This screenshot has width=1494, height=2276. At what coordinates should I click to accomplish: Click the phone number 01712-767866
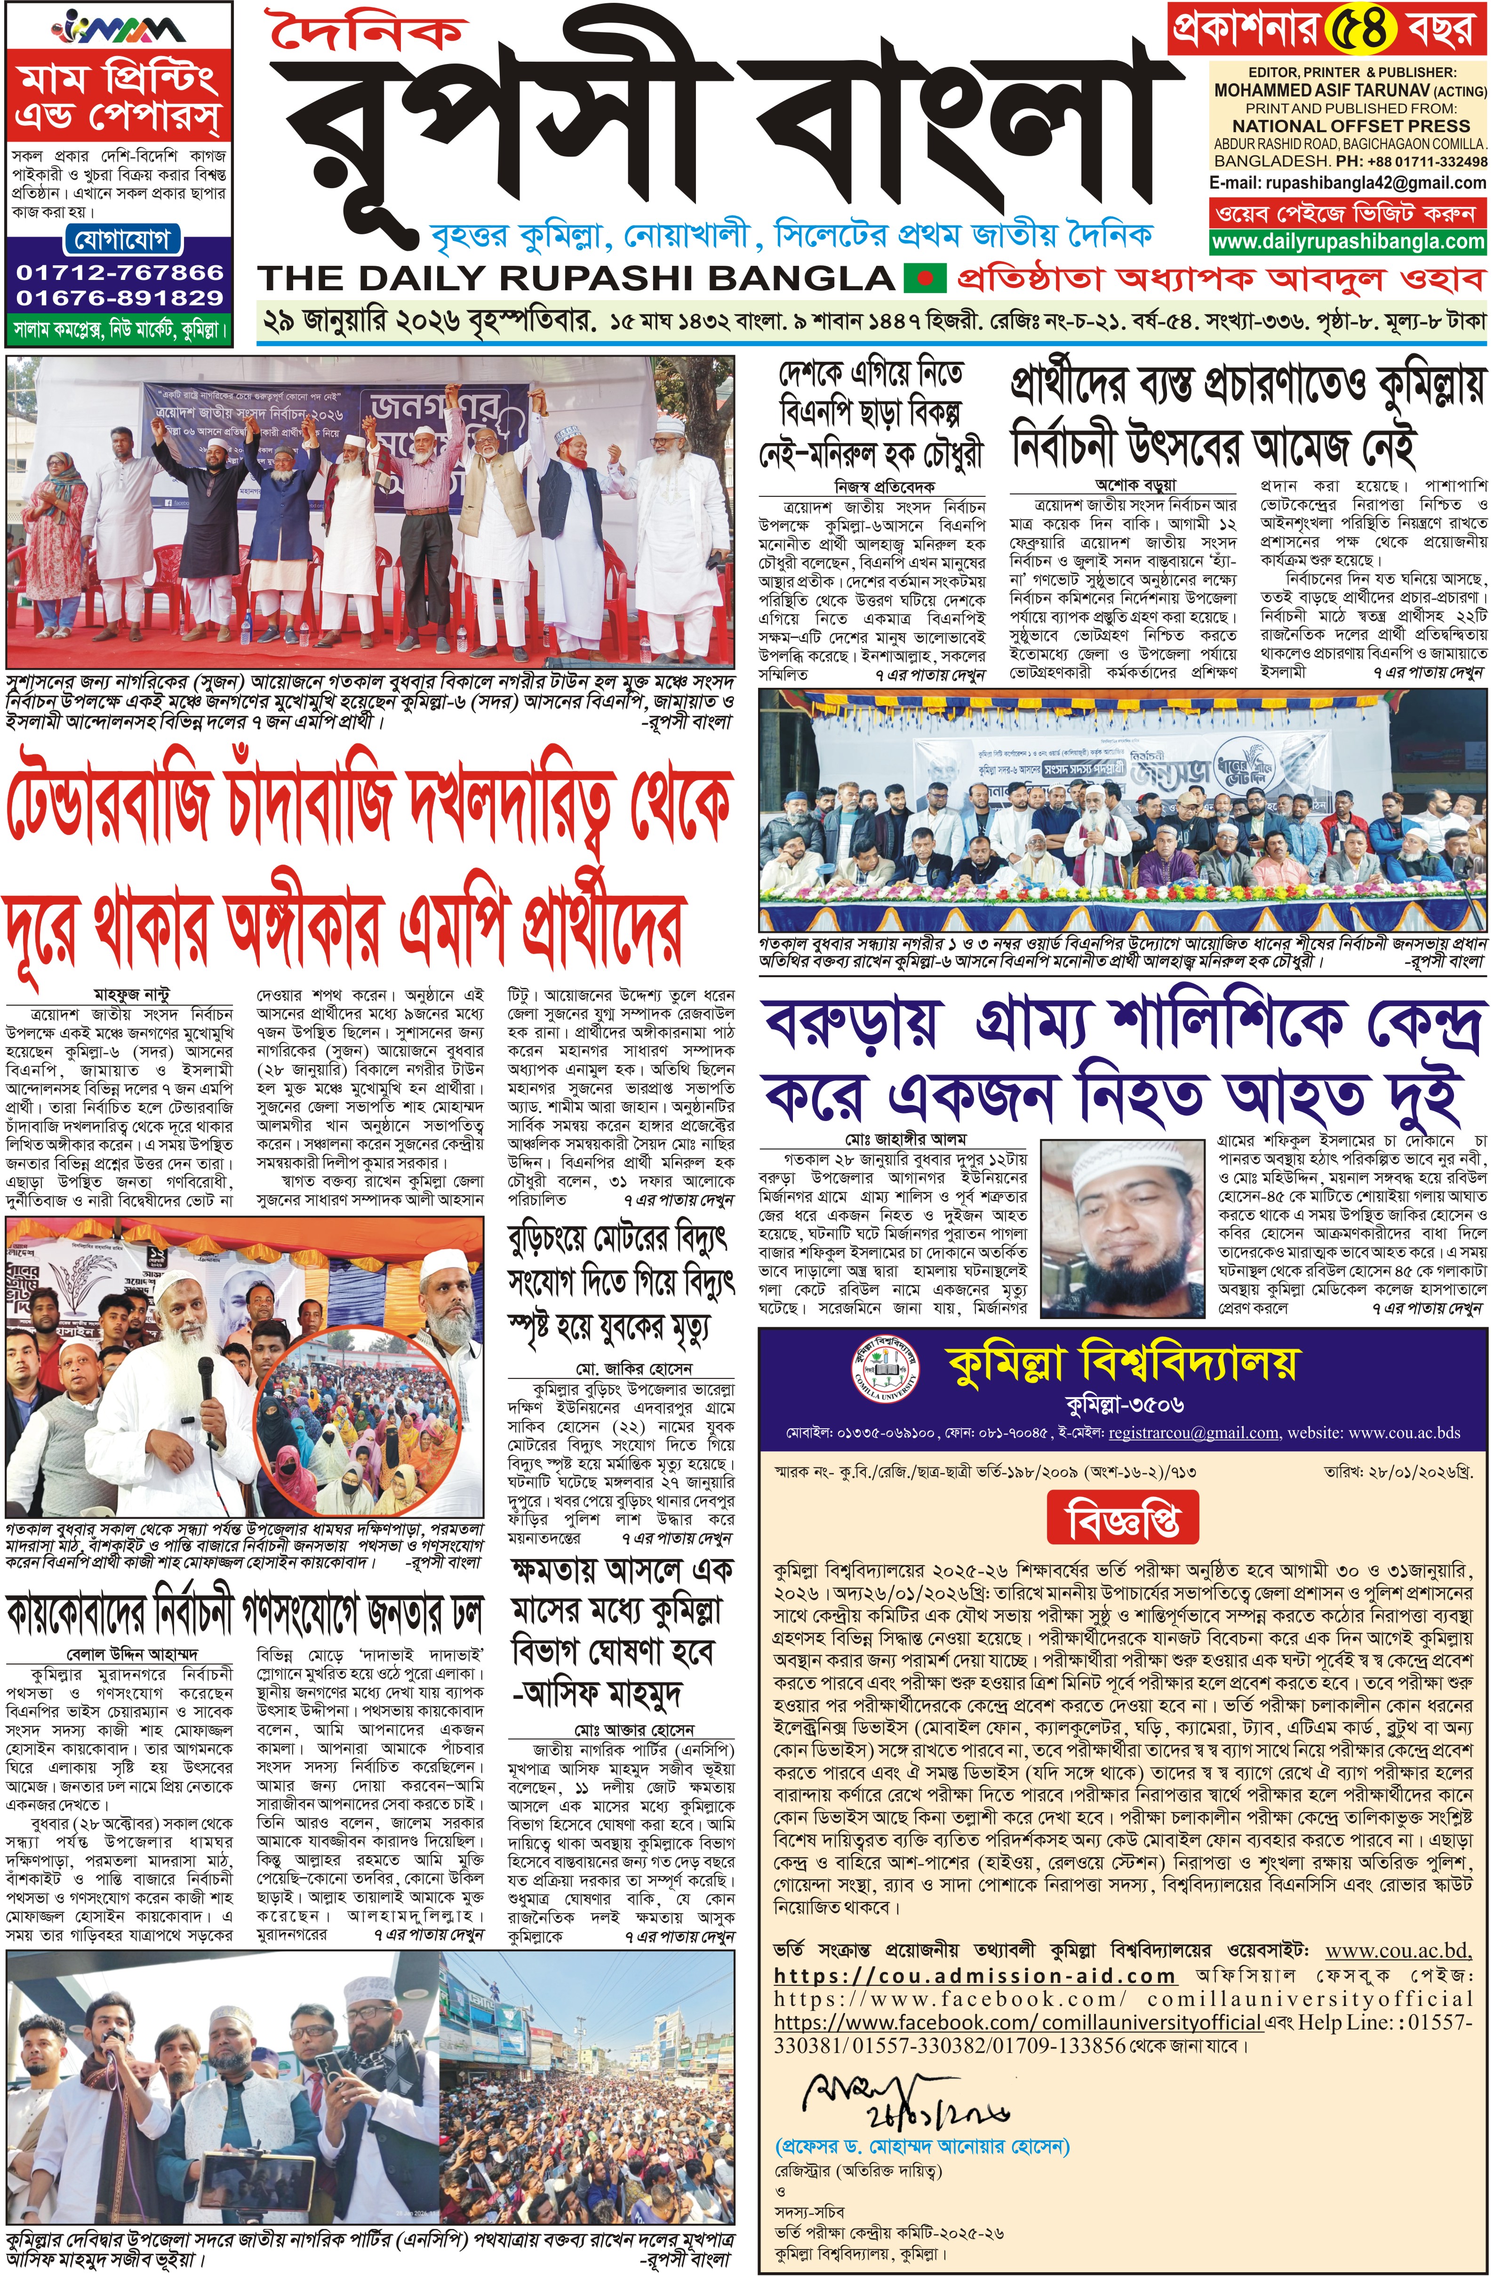pyautogui.click(x=120, y=272)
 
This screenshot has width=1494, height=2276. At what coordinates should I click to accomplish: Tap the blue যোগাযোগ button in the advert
pyautogui.click(x=121, y=239)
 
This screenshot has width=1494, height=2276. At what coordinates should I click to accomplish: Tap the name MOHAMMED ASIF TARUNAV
pyautogui.click(x=1334, y=91)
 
